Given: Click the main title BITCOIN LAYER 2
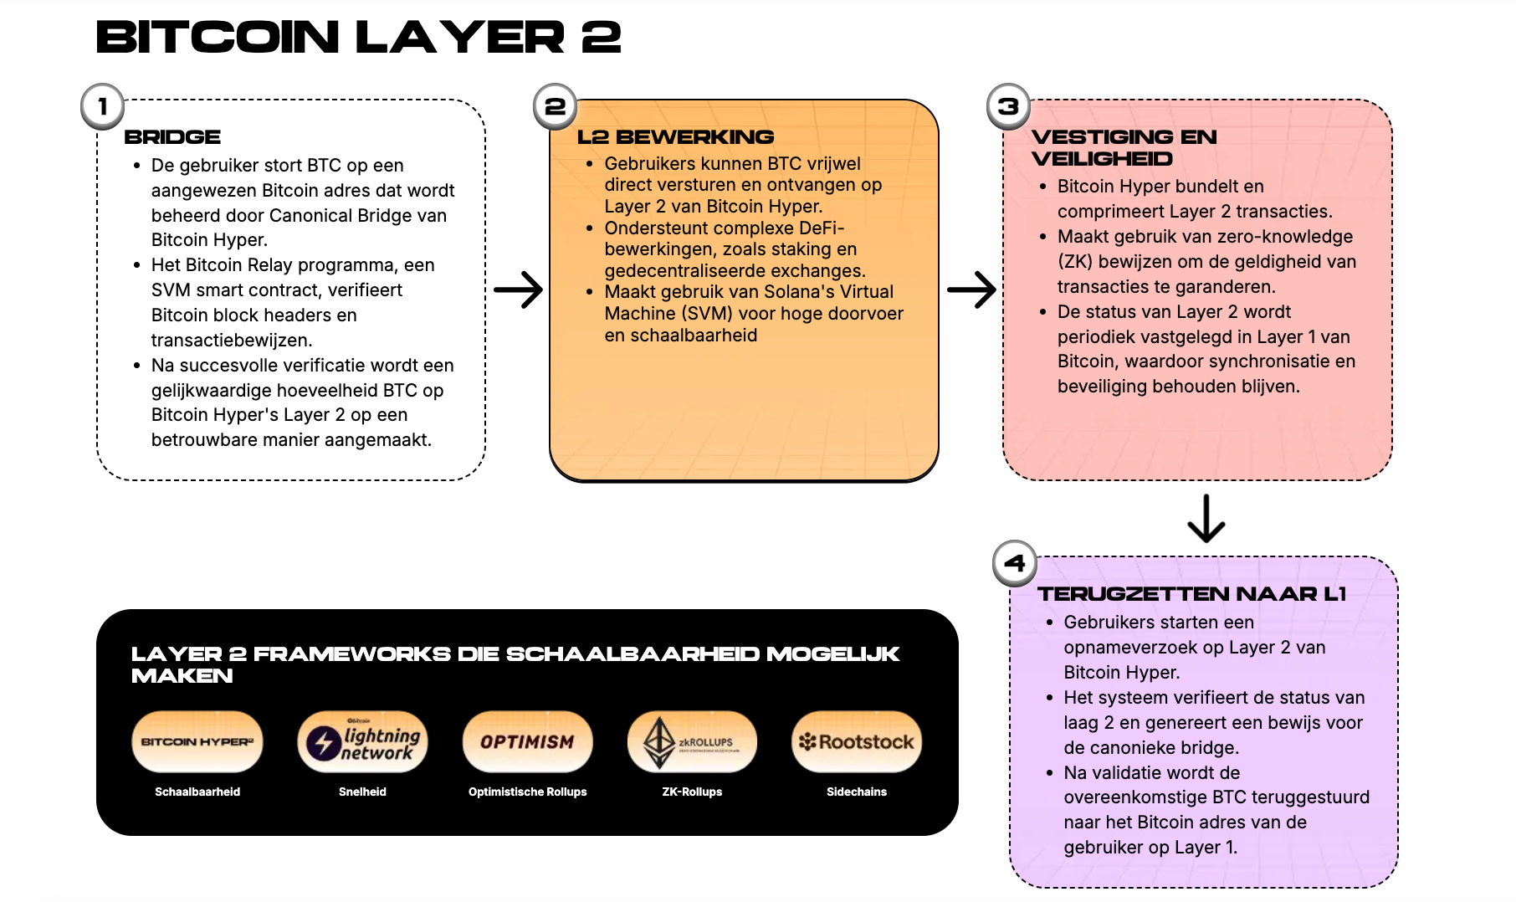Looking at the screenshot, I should (x=358, y=38).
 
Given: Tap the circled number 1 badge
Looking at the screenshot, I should (x=102, y=107).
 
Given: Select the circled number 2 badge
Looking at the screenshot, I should (x=556, y=107).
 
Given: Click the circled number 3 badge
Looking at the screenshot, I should (x=1008, y=107).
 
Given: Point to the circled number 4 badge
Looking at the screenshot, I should (x=1014, y=563).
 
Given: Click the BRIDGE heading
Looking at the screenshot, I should (x=172, y=137).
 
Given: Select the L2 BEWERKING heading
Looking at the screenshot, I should (x=675, y=137).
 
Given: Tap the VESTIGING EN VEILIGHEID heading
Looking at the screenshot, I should (x=1123, y=147).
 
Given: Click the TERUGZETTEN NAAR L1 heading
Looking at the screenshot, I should (x=1191, y=594).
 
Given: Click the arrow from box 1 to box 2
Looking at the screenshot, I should (x=519, y=290).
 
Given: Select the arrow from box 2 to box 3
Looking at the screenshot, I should (x=971, y=290).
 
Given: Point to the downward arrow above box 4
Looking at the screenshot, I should (x=1206, y=519).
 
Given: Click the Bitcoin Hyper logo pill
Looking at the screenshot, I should (x=197, y=741).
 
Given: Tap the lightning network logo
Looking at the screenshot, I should (x=362, y=741).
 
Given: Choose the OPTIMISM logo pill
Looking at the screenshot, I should (x=527, y=741).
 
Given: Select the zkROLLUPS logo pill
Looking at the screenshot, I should (x=692, y=741).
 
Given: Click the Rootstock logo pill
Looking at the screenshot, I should (x=857, y=741).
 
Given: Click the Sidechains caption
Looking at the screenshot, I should (x=857, y=792).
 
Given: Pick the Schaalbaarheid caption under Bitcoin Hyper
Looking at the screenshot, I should (x=197, y=792).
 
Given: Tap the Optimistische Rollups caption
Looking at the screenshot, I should (x=527, y=792).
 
